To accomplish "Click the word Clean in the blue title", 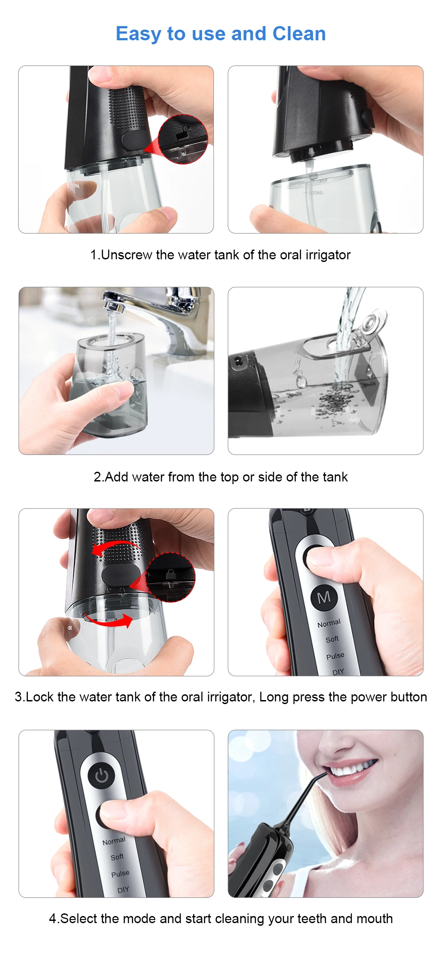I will coord(299,34).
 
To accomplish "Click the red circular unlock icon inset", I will coord(183,139).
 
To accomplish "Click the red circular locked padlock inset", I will coord(170,577).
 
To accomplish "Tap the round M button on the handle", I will coord(324,597).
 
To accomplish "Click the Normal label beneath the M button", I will coord(329,623).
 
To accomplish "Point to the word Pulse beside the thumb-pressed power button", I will coord(335,655).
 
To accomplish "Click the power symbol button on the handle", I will coord(101,775).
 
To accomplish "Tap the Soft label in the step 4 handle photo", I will coord(117,857).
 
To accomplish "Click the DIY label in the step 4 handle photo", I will coord(123,889).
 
